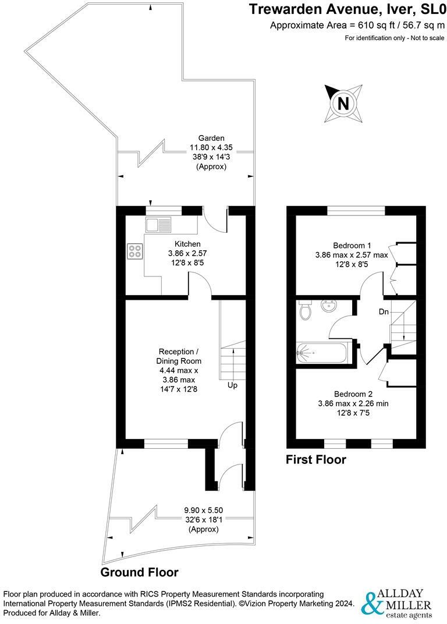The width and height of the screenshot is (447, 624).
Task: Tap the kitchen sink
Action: tap(158, 224)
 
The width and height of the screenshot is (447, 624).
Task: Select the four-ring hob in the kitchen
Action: tap(135, 251)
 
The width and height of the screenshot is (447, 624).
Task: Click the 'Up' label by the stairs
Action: tap(232, 385)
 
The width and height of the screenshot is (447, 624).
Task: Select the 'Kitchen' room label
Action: tap(187, 244)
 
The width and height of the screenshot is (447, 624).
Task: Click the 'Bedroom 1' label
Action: tap(352, 245)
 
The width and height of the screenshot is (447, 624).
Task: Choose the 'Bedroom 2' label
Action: tap(351, 393)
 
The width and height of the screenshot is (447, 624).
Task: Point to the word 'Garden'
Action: tap(211, 138)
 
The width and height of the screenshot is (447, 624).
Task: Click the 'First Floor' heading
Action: tap(315, 460)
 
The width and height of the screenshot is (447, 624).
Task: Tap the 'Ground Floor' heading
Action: tap(140, 572)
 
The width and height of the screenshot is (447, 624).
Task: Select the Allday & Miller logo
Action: tap(398, 603)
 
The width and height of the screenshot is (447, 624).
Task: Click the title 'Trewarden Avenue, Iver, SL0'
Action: tap(347, 10)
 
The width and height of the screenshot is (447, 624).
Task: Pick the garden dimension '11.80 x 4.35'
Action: tap(211, 148)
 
